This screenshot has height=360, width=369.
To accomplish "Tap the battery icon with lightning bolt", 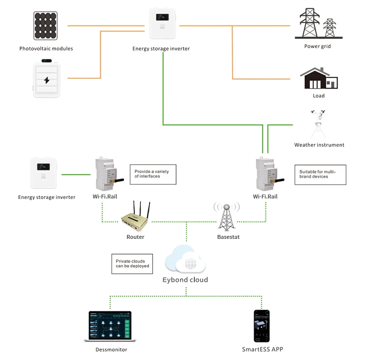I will tap(46, 78).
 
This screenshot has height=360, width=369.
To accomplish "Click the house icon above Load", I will tap(319, 78).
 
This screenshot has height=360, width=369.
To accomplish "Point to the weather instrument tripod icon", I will tap(319, 126).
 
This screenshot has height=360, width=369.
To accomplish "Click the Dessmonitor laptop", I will tap(111, 326).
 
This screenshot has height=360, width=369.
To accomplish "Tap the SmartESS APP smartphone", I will tap(262, 326).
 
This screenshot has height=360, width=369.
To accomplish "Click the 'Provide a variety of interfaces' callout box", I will tap(153, 174).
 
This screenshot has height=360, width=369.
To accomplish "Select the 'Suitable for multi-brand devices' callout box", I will tap(320, 174).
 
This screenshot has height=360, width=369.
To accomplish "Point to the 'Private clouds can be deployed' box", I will tap(132, 264).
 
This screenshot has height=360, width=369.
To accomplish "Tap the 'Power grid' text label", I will tap(317, 47).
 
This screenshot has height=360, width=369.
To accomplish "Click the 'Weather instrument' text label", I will tap(319, 145).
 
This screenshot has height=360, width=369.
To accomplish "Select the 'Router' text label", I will tap(135, 237).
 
